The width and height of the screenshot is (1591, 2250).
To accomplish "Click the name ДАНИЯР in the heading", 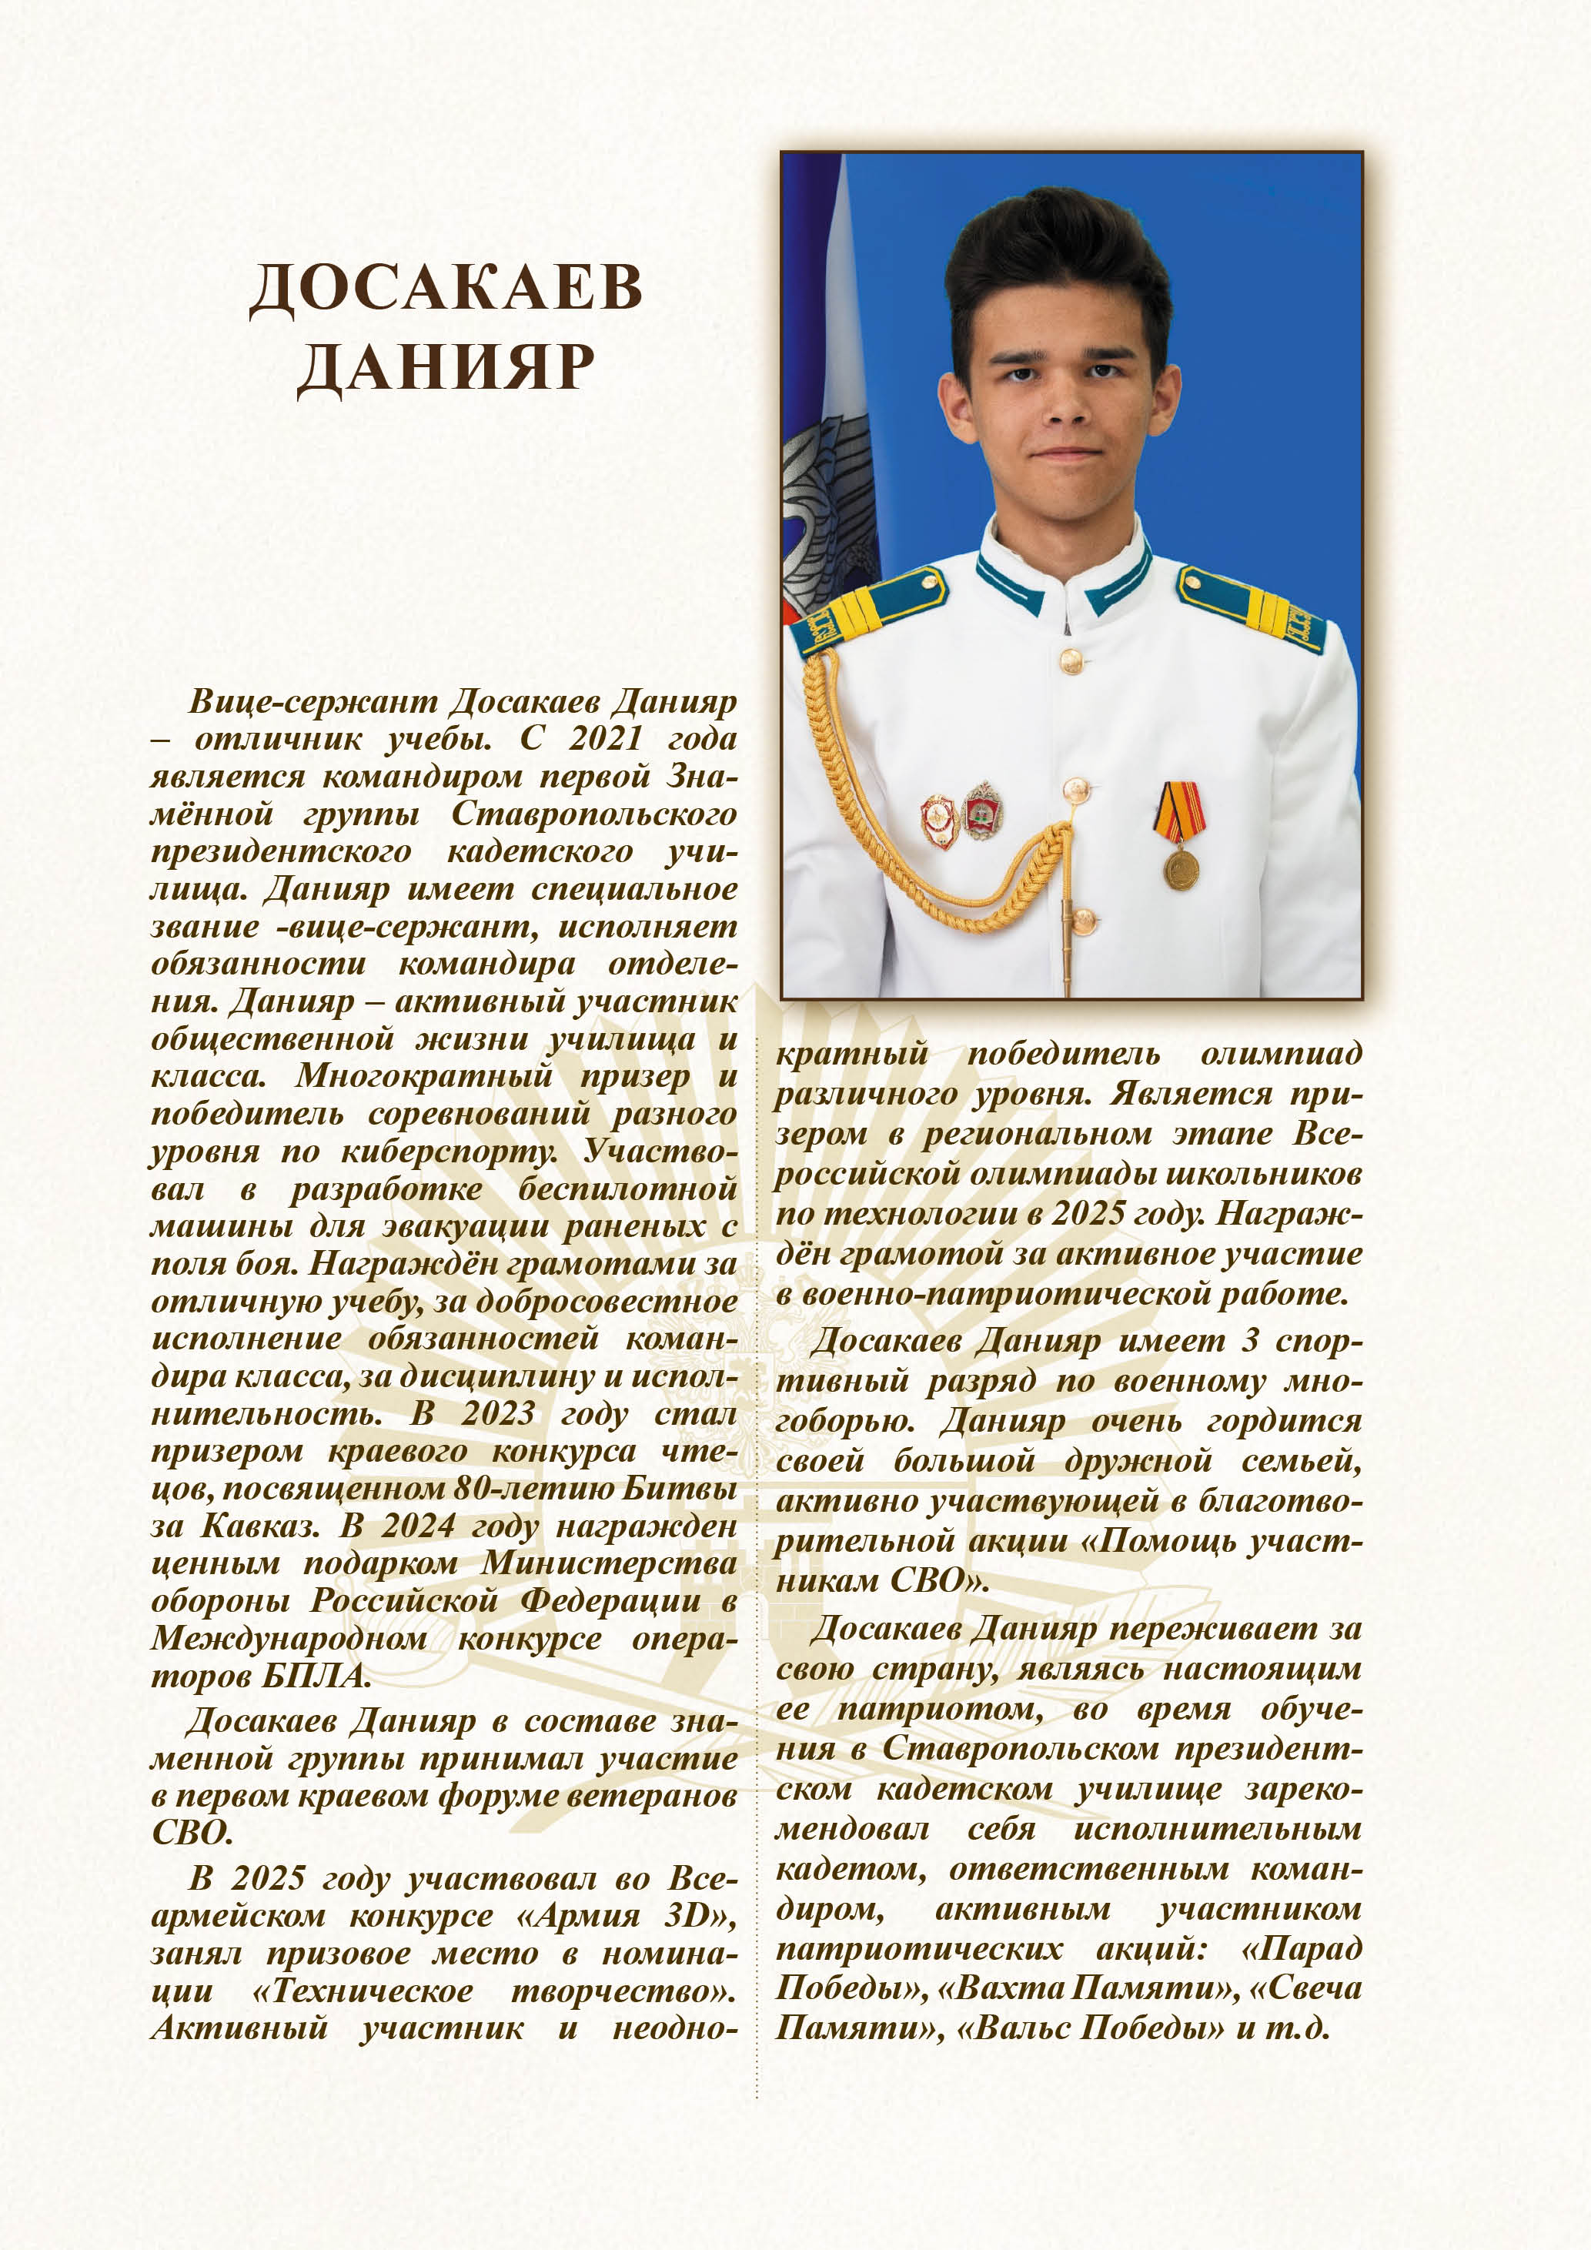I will (446, 369).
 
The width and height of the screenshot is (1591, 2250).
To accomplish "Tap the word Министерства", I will (608, 1564).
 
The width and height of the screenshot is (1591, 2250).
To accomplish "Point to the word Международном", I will (288, 1640).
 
